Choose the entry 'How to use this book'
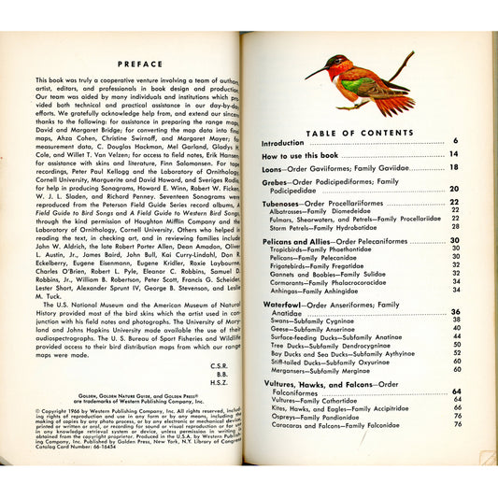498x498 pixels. [303, 155]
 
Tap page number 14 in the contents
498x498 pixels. [454, 154]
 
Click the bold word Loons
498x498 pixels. [272, 167]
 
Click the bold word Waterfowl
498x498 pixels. [283, 305]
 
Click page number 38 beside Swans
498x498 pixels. [456, 319]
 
